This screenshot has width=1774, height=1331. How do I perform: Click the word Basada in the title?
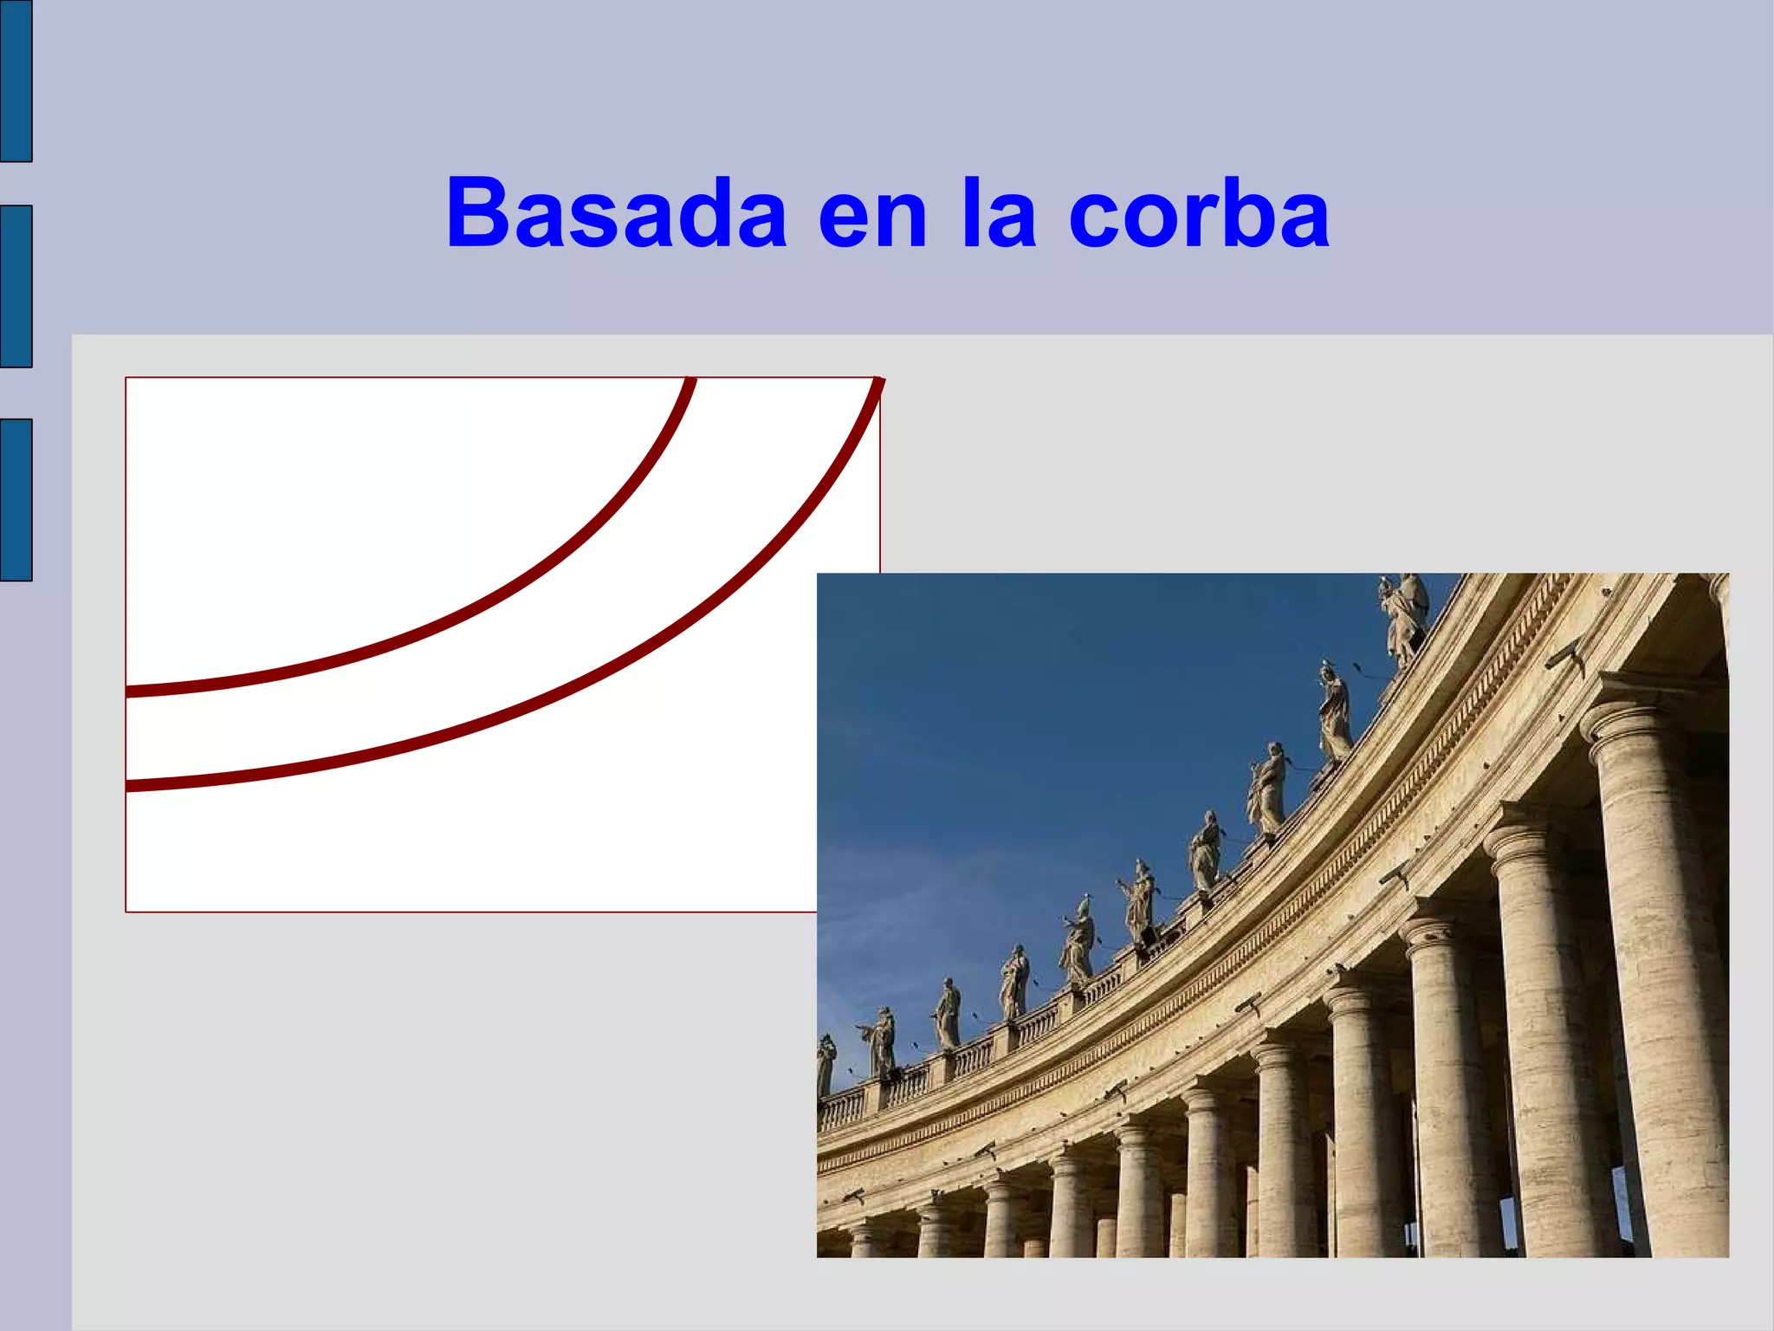click(x=616, y=213)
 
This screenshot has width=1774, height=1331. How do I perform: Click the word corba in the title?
click(x=1199, y=213)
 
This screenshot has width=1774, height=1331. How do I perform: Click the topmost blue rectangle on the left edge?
click(x=16, y=81)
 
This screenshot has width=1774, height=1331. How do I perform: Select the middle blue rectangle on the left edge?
click(x=16, y=286)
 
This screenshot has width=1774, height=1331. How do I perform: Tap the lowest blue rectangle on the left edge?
click(x=16, y=499)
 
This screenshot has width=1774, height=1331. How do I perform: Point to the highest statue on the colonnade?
click(x=1404, y=617)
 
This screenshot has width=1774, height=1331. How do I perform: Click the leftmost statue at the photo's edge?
click(x=825, y=1063)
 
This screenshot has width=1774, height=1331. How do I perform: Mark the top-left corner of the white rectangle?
click(x=126, y=378)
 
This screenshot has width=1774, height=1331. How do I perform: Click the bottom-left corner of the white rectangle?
click(x=126, y=912)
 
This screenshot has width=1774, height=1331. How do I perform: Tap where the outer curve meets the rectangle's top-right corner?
click(x=878, y=380)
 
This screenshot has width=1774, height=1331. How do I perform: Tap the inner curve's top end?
click(x=691, y=380)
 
